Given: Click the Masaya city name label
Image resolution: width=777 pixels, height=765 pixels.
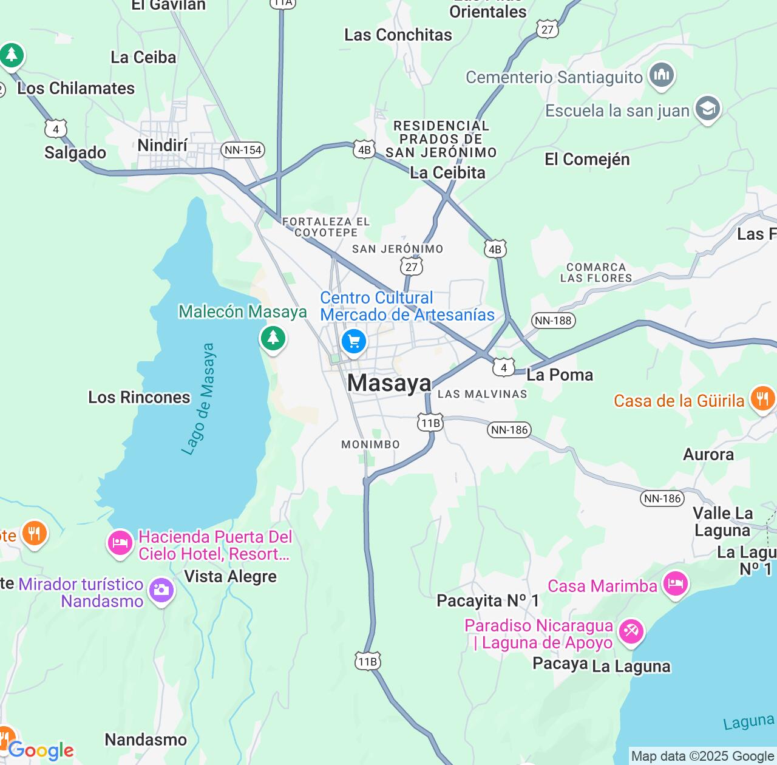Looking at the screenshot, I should click(389, 383).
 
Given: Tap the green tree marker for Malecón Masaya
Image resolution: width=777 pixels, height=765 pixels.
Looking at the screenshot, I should click(273, 338).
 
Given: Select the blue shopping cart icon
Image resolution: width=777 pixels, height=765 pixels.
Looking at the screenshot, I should click(354, 341).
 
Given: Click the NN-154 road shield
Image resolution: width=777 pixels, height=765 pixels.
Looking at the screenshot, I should click(243, 150).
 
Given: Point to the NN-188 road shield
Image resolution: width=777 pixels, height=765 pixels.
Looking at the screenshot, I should click(553, 321).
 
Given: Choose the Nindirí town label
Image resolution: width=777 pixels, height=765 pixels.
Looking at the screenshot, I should click(163, 146).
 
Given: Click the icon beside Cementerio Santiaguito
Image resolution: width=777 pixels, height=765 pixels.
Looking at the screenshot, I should click(662, 76).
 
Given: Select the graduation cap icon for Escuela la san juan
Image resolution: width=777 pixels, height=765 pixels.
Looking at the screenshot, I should click(708, 109).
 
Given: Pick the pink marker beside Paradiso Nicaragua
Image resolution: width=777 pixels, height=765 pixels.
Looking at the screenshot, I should click(631, 632).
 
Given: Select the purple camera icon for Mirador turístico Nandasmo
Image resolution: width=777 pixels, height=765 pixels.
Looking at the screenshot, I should click(161, 590).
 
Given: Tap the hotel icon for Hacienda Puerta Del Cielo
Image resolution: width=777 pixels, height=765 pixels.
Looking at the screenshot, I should click(120, 542).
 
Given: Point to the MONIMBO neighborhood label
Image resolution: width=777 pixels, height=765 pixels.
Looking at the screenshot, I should click(370, 444).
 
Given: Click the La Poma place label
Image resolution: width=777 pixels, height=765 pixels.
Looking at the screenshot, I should click(560, 375).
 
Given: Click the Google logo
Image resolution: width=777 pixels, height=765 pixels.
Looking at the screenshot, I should click(41, 750).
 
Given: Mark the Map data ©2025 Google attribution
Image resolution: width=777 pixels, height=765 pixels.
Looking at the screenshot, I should click(702, 756).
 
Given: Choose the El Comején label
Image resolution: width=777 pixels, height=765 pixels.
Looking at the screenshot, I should click(587, 159).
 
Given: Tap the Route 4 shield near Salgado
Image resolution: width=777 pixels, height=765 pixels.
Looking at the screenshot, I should click(56, 129).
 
